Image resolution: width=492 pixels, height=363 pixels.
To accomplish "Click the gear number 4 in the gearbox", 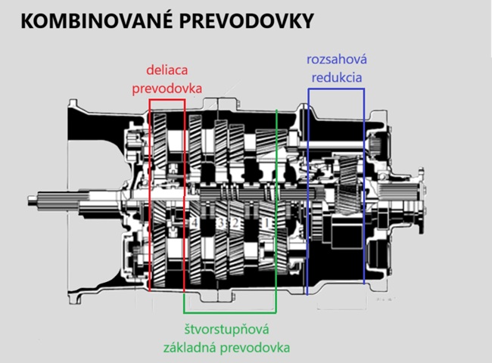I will pyautogui.click(x=195, y=223).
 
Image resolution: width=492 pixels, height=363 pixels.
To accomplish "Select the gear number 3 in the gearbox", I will pyautogui.click(x=220, y=223).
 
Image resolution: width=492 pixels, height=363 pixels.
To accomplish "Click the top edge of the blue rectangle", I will pyautogui.click(x=336, y=88).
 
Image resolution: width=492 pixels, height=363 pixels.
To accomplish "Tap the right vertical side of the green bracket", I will pyautogui.click(x=277, y=212).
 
